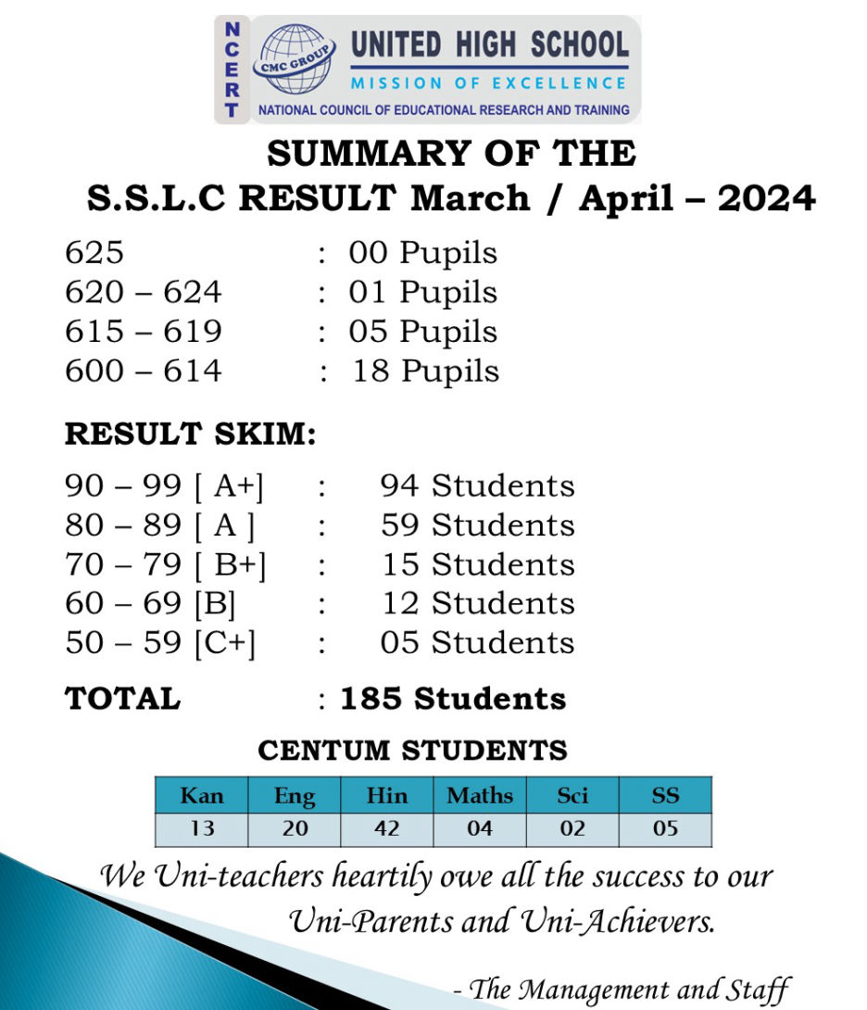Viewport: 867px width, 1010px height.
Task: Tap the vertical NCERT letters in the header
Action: coord(232,69)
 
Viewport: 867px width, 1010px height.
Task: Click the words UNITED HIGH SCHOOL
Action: coord(490,44)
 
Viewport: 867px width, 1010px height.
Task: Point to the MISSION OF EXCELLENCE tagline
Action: coord(489,83)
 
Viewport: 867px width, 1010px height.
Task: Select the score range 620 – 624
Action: coord(144,293)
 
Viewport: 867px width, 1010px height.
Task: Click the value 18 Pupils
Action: coord(425,372)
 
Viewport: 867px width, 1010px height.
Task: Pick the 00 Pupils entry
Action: coord(422,253)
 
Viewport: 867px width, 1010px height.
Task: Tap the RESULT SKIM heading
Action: coord(190,434)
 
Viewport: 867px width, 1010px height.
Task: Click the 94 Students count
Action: coord(477,486)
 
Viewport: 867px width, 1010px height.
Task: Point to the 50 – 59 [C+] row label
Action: coord(160,643)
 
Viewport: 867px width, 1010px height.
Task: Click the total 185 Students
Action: coord(452,699)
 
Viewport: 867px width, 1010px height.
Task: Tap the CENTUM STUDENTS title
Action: coord(412,750)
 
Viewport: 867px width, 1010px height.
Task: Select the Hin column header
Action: coord(387,795)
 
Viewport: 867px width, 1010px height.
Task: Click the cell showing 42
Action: coord(387,828)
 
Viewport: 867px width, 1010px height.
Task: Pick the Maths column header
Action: coord(479,795)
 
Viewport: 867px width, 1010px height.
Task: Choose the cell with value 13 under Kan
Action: coord(201,828)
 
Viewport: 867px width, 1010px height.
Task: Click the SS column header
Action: coord(665,795)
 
